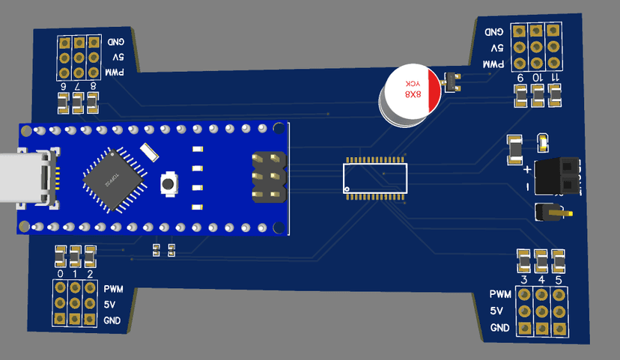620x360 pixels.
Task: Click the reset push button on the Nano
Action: click(x=170, y=183)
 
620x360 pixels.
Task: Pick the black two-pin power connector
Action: click(x=559, y=177)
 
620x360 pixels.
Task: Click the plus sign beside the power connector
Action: click(x=527, y=170)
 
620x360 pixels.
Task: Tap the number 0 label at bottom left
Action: click(x=60, y=273)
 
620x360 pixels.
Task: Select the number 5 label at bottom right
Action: click(x=559, y=280)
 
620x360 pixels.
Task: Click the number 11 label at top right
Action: click(x=555, y=77)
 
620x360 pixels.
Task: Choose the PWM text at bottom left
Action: click(x=113, y=289)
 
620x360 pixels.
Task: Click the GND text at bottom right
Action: click(x=499, y=329)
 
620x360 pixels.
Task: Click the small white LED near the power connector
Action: click(x=543, y=140)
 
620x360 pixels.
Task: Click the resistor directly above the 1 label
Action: click(x=75, y=257)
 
